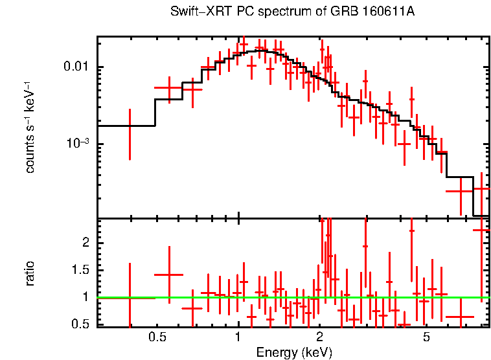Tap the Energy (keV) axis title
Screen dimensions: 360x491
[294, 353]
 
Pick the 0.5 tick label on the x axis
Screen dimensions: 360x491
[157, 337]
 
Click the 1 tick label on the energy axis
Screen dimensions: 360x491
[238, 337]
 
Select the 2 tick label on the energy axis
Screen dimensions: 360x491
[319, 337]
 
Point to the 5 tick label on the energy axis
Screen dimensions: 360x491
[426, 337]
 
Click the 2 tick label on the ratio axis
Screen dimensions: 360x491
[83, 242]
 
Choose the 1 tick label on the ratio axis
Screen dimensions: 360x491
[84, 297]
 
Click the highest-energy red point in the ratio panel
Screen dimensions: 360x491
[481, 230]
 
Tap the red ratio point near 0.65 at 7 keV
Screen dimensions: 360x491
[460, 317]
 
